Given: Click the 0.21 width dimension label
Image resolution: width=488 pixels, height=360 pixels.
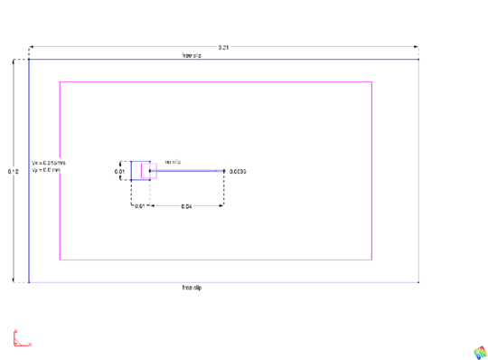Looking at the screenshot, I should (x=223, y=46).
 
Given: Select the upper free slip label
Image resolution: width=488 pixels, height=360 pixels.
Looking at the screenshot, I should (x=192, y=55).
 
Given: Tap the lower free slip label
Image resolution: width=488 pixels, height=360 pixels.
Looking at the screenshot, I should (x=192, y=288).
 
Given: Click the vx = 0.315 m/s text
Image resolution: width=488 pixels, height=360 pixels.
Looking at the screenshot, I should (x=49, y=163).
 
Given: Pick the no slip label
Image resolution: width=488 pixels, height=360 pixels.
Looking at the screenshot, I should (x=173, y=162).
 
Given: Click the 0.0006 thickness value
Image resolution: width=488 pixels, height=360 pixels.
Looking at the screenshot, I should (x=239, y=170).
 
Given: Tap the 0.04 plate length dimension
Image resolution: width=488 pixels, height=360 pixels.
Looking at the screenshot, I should (x=186, y=207).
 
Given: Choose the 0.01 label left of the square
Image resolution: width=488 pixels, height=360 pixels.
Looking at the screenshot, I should (x=119, y=170).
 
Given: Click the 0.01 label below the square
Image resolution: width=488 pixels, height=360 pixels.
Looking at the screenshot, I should (x=140, y=207).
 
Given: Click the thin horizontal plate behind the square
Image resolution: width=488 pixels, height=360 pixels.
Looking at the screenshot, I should (x=190, y=169).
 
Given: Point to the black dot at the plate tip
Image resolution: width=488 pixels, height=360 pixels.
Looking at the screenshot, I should (x=224, y=169).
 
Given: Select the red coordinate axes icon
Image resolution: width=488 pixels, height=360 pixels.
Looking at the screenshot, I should (x=20, y=339).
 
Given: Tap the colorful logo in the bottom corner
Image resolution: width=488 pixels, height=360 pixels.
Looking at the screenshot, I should (x=478, y=351).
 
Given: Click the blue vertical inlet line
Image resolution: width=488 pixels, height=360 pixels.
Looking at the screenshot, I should (x=29, y=172).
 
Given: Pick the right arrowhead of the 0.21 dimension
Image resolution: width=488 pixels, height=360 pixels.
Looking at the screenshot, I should (x=416, y=46).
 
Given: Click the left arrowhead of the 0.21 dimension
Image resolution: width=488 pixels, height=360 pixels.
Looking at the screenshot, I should (x=32, y=46).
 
